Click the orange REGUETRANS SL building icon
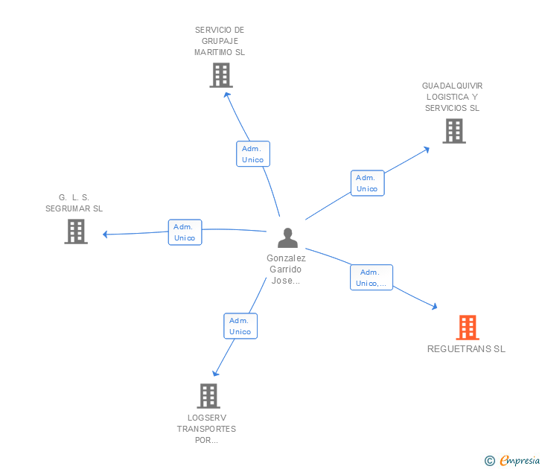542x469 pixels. point(467,328)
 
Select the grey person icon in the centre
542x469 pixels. point(287,238)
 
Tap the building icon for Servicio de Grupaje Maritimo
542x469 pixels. point(220,75)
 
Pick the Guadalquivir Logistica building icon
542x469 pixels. point(453,131)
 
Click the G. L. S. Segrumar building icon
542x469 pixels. point(76,232)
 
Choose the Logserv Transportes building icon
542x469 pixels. point(208,396)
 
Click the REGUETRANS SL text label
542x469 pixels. point(466,348)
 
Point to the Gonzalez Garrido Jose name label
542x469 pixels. point(286,269)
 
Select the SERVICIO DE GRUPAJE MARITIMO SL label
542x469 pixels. point(220,41)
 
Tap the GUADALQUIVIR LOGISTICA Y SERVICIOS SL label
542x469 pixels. point(452,97)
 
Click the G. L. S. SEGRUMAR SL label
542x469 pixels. point(74,202)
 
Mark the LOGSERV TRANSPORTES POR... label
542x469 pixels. point(206,429)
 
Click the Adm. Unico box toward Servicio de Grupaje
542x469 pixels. point(252,154)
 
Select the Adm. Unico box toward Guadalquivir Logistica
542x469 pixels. point(367,183)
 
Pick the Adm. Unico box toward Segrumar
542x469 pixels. point(185,232)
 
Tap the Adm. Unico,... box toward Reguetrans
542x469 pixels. point(371,278)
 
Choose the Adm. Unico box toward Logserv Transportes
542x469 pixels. point(240,326)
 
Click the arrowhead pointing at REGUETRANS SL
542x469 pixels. point(434,305)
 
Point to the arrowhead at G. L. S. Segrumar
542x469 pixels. point(106,234)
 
